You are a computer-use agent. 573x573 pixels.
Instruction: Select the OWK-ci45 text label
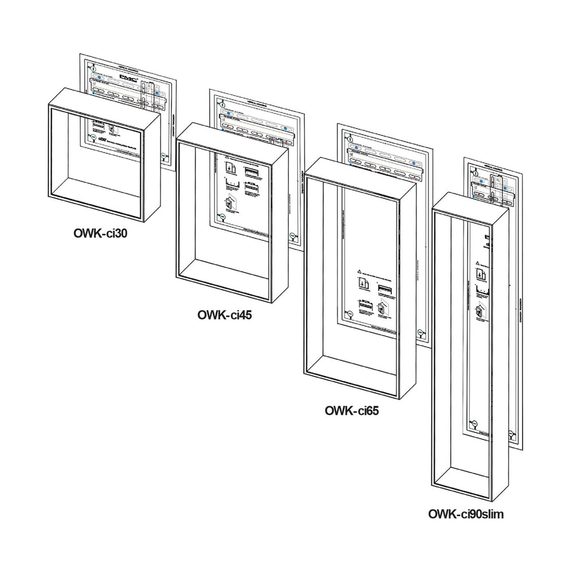[x=224, y=314]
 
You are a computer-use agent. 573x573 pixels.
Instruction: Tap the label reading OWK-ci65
[x=352, y=410]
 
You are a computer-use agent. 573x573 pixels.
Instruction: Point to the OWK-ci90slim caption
[x=466, y=513]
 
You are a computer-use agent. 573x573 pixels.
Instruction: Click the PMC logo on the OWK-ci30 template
[x=128, y=75]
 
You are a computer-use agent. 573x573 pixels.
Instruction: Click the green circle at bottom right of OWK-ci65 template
[x=420, y=332]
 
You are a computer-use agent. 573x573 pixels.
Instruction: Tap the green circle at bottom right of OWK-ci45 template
[x=292, y=235]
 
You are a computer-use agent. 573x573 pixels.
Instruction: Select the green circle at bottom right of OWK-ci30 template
[x=164, y=155]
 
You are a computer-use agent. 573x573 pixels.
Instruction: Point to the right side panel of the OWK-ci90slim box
[x=500, y=350]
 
